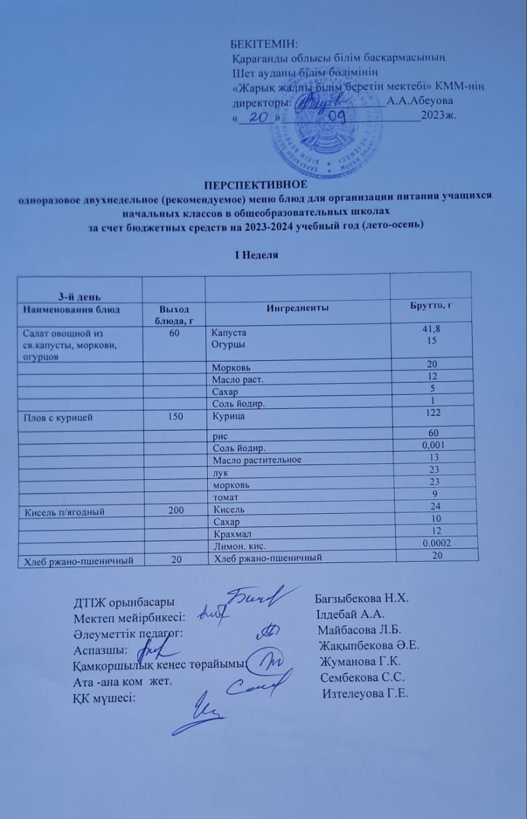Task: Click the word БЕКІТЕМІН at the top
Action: click(x=264, y=44)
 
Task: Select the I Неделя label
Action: click(x=256, y=255)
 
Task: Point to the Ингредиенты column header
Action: click(x=298, y=308)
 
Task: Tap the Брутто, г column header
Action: click(x=430, y=305)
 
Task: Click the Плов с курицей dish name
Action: click(x=58, y=418)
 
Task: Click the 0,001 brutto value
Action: click(x=436, y=445)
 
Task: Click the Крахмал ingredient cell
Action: click(x=231, y=534)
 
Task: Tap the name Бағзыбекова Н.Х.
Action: click(x=361, y=599)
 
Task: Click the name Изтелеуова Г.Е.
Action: click(x=365, y=694)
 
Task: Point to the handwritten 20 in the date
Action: click(x=258, y=118)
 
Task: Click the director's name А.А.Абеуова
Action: click(x=420, y=101)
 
